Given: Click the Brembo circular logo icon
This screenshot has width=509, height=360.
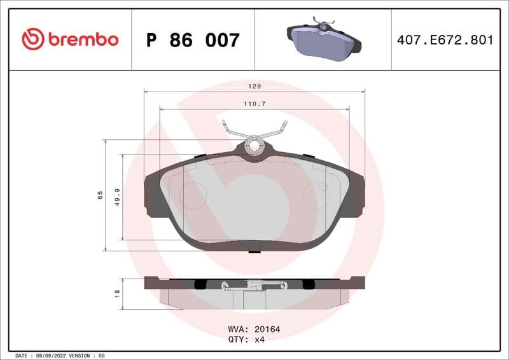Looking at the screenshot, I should [x=32, y=39].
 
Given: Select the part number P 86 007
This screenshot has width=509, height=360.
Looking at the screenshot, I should [x=193, y=40].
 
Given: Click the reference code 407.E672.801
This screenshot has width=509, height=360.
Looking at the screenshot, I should [x=445, y=40].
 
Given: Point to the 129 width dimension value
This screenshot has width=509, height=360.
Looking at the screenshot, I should [x=254, y=85].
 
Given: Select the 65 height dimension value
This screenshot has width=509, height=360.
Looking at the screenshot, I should [x=101, y=195].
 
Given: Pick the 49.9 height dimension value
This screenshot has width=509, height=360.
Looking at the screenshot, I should [x=118, y=197].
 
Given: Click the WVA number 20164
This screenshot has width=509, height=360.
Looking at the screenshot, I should [x=267, y=329].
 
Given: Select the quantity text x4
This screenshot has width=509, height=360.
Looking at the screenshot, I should [x=260, y=339].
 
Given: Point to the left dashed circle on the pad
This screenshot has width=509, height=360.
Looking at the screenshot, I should [x=192, y=195].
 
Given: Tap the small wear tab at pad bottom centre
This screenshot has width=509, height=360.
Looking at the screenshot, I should [x=254, y=251].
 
